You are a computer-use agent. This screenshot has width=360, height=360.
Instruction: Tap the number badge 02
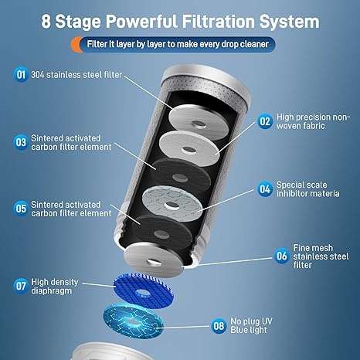[265, 121]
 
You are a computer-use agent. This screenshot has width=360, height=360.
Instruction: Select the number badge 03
[21, 141]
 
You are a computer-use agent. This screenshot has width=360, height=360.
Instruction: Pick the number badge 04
[265, 188]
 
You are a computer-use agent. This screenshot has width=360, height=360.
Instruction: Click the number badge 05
[21, 208]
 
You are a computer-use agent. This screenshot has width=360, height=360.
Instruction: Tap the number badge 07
[21, 284]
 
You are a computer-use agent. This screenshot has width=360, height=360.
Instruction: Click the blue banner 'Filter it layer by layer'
[179, 44]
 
